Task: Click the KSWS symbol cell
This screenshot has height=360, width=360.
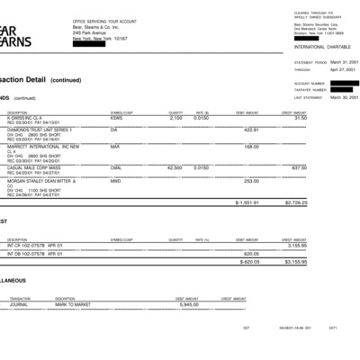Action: [x=117, y=118]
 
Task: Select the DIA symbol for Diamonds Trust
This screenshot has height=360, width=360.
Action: [x=114, y=130]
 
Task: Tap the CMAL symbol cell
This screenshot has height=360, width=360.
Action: [x=117, y=167]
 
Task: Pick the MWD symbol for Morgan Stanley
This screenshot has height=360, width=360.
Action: [x=116, y=180]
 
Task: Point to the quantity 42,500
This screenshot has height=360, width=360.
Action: [x=175, y=167]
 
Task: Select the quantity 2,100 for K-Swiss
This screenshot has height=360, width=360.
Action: [x=176, y=118]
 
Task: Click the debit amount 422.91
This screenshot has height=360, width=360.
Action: [x=252, y=130]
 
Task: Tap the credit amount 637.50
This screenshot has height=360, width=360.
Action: [x=324, y=167]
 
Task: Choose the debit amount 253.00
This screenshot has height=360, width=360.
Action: [x=252, y=180]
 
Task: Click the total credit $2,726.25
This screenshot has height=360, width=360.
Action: [x=319, y=202]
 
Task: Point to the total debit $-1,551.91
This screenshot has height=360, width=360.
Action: [x=247, y=202]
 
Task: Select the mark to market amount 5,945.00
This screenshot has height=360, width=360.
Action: [x=188, y=303]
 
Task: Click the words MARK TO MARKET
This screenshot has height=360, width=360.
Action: [x=71, y=303]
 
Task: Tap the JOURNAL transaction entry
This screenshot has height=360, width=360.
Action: [x=20, y=303]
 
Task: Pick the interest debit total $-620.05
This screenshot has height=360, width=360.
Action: [x=249, y=262]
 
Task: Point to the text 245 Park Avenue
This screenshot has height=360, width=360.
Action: [x=89, y=33]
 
